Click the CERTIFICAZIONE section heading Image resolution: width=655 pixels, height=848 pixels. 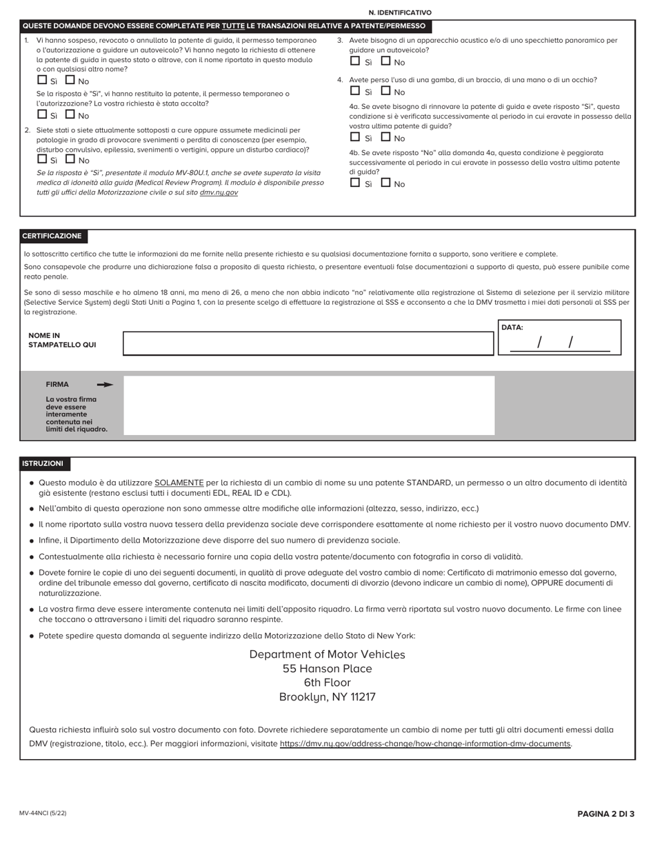tap(52, 236)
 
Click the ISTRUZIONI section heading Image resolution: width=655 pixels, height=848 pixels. tap(43, 464)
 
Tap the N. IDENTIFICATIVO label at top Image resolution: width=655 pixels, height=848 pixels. tap(400, 12)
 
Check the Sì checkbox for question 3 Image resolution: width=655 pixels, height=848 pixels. tap(355, 61)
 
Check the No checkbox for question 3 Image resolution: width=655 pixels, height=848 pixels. tap(385, 61)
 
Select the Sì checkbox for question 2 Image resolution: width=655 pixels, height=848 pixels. tap(42, 159)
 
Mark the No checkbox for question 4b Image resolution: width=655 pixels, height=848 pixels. tap(385, 183)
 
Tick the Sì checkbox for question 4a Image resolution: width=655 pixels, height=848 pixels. tap(355, 137)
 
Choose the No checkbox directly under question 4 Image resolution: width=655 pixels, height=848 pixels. tap(385, 90)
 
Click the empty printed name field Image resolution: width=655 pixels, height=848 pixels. tap(308, 343)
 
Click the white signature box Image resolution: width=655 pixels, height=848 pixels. tap(308, 405)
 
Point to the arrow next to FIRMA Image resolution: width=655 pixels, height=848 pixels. tap(105, 385)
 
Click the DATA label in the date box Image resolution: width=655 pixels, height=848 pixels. tap(512, 327)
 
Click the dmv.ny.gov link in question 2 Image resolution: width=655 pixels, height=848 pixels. tap(219, 192)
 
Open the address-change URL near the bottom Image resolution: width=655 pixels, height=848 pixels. tap(425, 744)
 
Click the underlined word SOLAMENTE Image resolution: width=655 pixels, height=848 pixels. tap(179, 483)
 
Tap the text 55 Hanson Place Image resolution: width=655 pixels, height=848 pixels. tap(327, 669)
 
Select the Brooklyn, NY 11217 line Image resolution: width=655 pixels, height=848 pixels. tap(327, 697)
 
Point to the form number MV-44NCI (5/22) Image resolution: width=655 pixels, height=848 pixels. tap(43, 814)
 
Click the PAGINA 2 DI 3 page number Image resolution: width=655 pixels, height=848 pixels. tap(605, 814)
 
